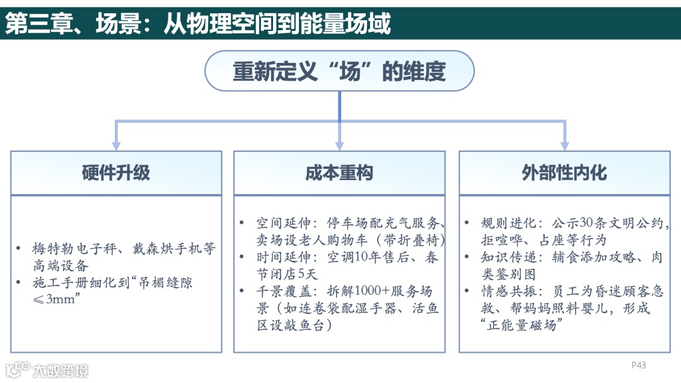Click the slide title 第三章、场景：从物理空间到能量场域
tap(198, 23)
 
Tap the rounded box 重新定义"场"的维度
tap(339, 71)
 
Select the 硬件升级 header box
tap(116, 173)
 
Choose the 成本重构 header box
tap(339, 173)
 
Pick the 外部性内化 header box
tap(564, 173)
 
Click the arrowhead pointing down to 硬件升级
tap(116, 144)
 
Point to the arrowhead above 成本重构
tap(339, 144)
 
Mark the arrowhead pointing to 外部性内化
tap(564, 144)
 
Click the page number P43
tap(639, 365)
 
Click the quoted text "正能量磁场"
tap(521, 326)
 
